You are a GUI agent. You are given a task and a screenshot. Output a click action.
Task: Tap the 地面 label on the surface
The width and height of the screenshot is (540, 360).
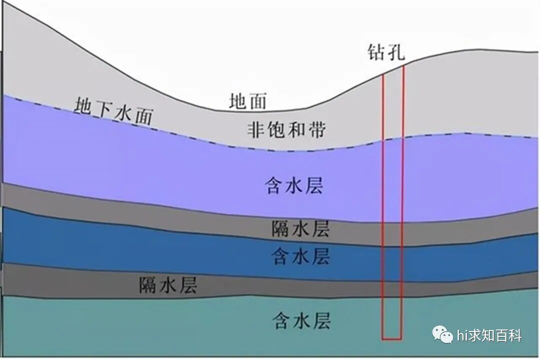[x=248, y=101]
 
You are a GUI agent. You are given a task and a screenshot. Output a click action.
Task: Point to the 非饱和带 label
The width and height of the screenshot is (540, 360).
[x=286, y=130]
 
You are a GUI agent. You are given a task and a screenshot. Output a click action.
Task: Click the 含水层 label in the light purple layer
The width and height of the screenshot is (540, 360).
[x=294, y=185]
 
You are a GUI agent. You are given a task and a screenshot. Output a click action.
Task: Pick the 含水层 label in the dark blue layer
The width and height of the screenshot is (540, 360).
[x=300, y=256]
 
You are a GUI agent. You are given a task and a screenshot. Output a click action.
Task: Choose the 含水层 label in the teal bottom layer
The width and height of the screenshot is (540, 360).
[x=301, y=320]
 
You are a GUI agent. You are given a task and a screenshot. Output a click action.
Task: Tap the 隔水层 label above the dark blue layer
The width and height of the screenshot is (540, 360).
[x=300, y=229]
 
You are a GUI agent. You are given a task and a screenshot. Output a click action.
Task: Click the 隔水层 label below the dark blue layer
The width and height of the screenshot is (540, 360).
[x=168, y=285]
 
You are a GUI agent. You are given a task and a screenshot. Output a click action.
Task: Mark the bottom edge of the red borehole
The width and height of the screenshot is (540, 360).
[x=391, y=338]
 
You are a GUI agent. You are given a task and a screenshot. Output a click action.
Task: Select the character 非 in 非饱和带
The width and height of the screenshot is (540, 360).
[x=256, y=130]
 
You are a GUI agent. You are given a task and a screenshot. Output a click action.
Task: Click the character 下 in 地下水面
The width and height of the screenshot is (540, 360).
[x=102, y=109]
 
